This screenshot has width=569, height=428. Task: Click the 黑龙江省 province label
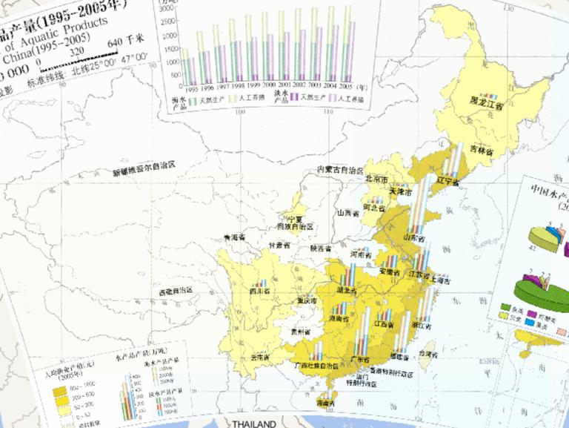point(485,106)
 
